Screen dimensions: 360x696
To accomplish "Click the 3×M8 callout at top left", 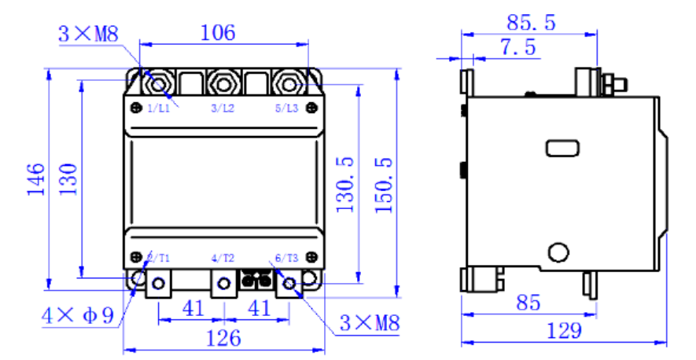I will [x=87, y=34].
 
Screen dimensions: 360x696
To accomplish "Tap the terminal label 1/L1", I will [x=159, y=108].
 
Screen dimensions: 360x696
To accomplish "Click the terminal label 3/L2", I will [x=223, y=108].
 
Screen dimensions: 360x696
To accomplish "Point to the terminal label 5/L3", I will [x=286, y=108].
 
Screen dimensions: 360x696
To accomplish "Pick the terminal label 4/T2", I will [x=223, y=258].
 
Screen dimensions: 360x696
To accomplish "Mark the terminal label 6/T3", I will [x=285, y=258].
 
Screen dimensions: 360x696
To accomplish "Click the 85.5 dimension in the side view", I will [x=531, y=23].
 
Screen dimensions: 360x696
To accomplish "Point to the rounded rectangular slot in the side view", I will [x=564, y=146].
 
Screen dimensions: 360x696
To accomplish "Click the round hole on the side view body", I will [x=558, y=252].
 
